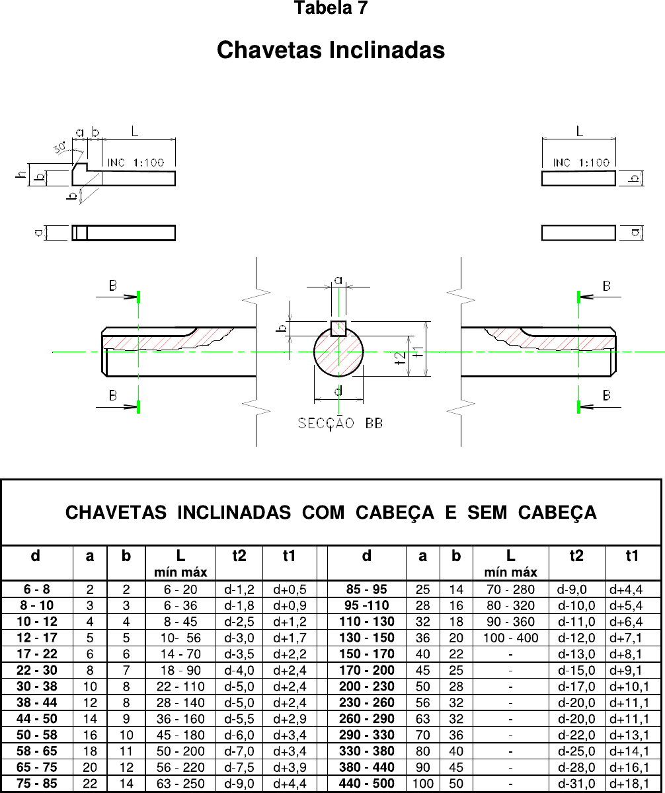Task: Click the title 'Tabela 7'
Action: tap(331, 9)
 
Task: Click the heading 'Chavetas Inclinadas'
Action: tap(331, 50)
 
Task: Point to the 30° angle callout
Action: tap(64, 147)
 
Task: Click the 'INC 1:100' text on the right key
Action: tap(581, 163)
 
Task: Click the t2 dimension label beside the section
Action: tap(399, 358)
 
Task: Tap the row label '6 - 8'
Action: tap(36, 589)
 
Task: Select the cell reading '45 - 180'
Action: tap(180, 735)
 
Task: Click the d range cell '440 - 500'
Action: tap(367, 784)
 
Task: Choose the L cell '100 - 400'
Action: tap(510, 638)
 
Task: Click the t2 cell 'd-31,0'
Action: tap(576, 784)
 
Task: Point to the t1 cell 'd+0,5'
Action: tap(289, 589)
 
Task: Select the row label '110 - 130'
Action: tap(367, 622)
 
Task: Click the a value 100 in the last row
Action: tap(423, 784)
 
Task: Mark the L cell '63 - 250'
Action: tap(180, 784)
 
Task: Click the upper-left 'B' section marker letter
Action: tap(114, 285)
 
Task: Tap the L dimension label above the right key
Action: tap(579, 132)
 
